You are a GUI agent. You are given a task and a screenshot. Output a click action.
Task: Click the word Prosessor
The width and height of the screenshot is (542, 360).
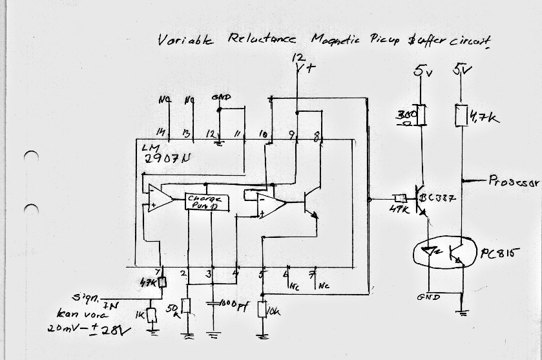coord(514,183)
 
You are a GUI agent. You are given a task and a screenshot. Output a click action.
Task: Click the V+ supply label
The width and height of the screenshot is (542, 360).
coord(303,67)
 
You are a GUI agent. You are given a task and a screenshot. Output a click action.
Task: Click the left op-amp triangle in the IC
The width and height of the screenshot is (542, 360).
coord(158,198)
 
